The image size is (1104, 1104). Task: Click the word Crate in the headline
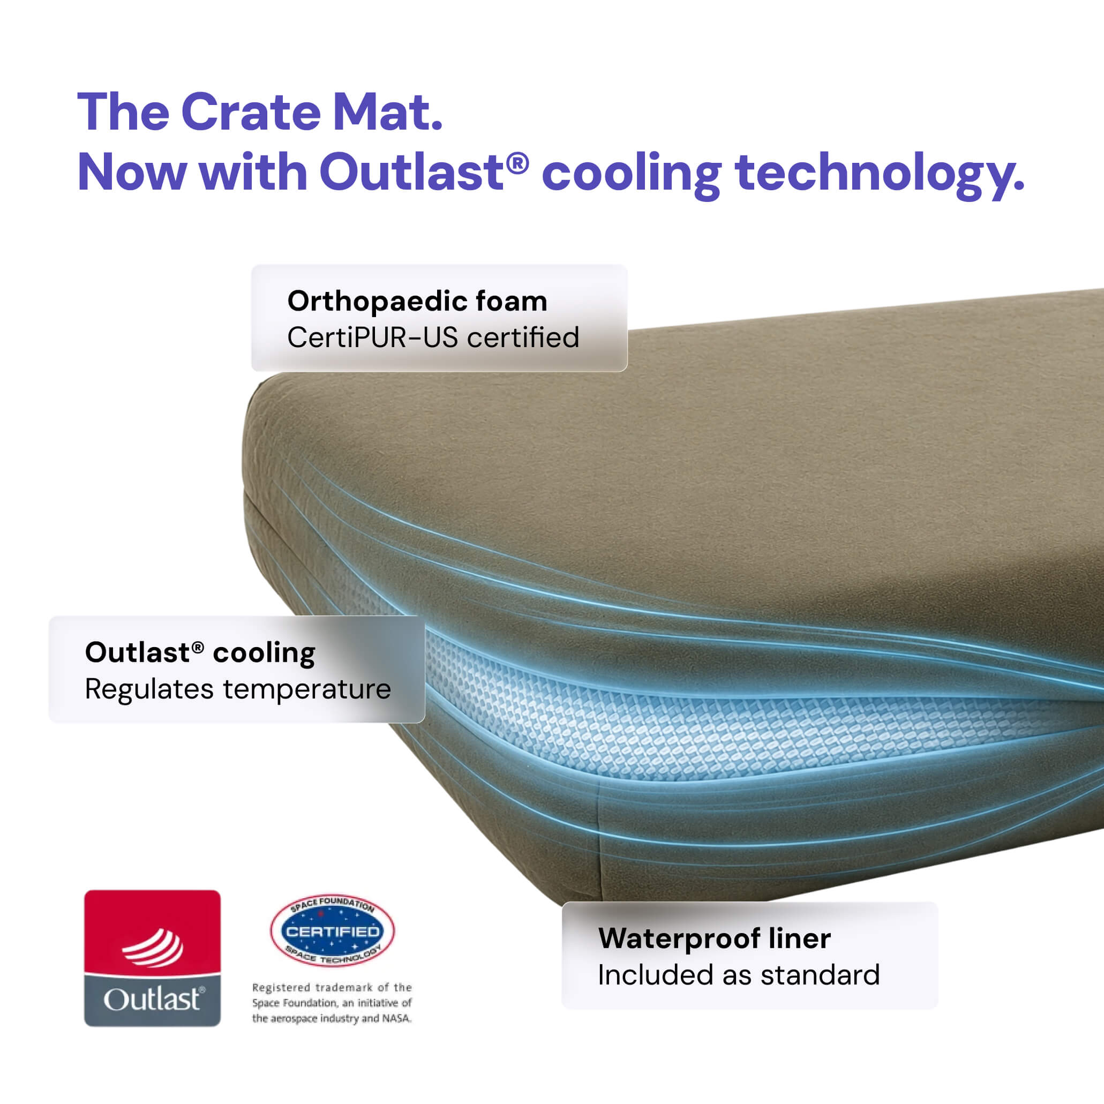tap(251, 111)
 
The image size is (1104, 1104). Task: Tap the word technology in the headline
tap(880, 174)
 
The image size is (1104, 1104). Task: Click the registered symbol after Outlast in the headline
tap(517, 163)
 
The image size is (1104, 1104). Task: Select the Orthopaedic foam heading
tap(417, 301)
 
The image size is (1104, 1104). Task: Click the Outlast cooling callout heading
tap(200, 653)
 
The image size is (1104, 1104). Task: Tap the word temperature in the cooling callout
tap(307, 689)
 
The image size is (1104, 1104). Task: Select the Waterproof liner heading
tap(714, 938)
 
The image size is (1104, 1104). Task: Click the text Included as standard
tap(738, 975)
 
